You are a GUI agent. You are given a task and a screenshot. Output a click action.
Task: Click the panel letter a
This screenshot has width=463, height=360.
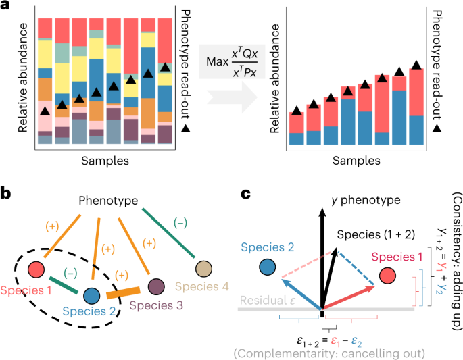6,7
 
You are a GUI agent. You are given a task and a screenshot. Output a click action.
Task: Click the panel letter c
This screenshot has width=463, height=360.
247,194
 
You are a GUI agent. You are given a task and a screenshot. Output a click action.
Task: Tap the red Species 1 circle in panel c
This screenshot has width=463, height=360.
387,276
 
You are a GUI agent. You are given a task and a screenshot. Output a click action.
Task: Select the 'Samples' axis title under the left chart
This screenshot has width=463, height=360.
104,161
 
